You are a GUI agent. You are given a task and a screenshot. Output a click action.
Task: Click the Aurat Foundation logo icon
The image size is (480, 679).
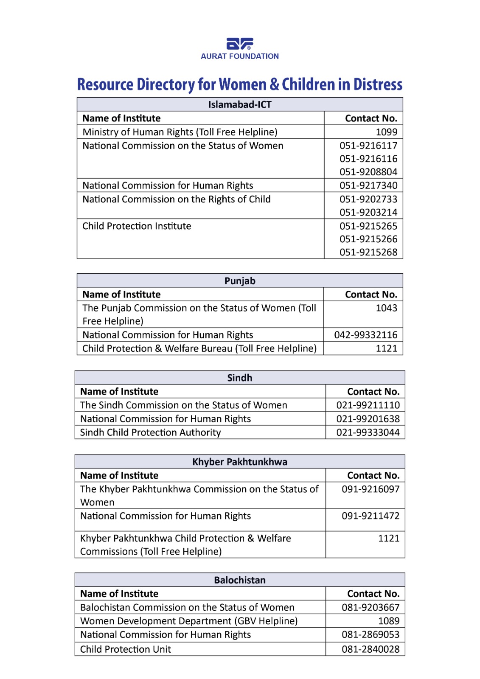coord(239,44)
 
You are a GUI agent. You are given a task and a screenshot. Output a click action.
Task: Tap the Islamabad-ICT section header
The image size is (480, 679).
coord(240,105)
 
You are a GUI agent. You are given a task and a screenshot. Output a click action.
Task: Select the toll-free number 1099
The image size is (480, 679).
coord(386,132)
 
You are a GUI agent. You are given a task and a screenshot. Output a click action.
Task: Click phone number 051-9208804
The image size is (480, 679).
coord(368,172)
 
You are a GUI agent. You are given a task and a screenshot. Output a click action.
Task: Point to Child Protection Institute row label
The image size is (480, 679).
coord(137,226)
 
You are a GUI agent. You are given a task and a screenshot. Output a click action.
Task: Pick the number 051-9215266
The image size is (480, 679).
coord(368,239)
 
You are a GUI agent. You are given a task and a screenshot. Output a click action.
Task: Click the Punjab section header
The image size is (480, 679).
coord(240,281)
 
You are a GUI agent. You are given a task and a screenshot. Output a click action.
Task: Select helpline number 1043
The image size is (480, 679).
coord(386,308)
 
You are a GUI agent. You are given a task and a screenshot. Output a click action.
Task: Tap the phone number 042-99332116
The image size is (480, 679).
coord(365,335)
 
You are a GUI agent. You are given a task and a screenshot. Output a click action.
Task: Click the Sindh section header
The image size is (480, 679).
coord(240,378)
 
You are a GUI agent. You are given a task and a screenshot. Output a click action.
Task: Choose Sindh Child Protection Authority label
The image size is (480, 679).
coord(151,432)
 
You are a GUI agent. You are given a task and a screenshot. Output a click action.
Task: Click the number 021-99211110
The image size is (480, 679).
coord(368,405)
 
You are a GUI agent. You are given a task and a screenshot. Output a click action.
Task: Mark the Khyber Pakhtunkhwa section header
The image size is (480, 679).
coord(240,462)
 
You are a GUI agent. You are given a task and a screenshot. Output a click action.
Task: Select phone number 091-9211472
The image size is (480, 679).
coord(371,516)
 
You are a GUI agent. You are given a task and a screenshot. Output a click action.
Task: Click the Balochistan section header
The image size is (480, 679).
coord(240,580)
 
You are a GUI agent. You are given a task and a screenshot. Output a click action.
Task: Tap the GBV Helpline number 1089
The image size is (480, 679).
coord(389,621)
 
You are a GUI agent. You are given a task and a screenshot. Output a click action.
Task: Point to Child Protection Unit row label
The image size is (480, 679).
coord(126,649)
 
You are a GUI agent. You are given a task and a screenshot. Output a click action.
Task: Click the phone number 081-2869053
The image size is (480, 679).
coord(371,635)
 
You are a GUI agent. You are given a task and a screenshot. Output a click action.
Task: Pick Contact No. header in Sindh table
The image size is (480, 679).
coord(373,392)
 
